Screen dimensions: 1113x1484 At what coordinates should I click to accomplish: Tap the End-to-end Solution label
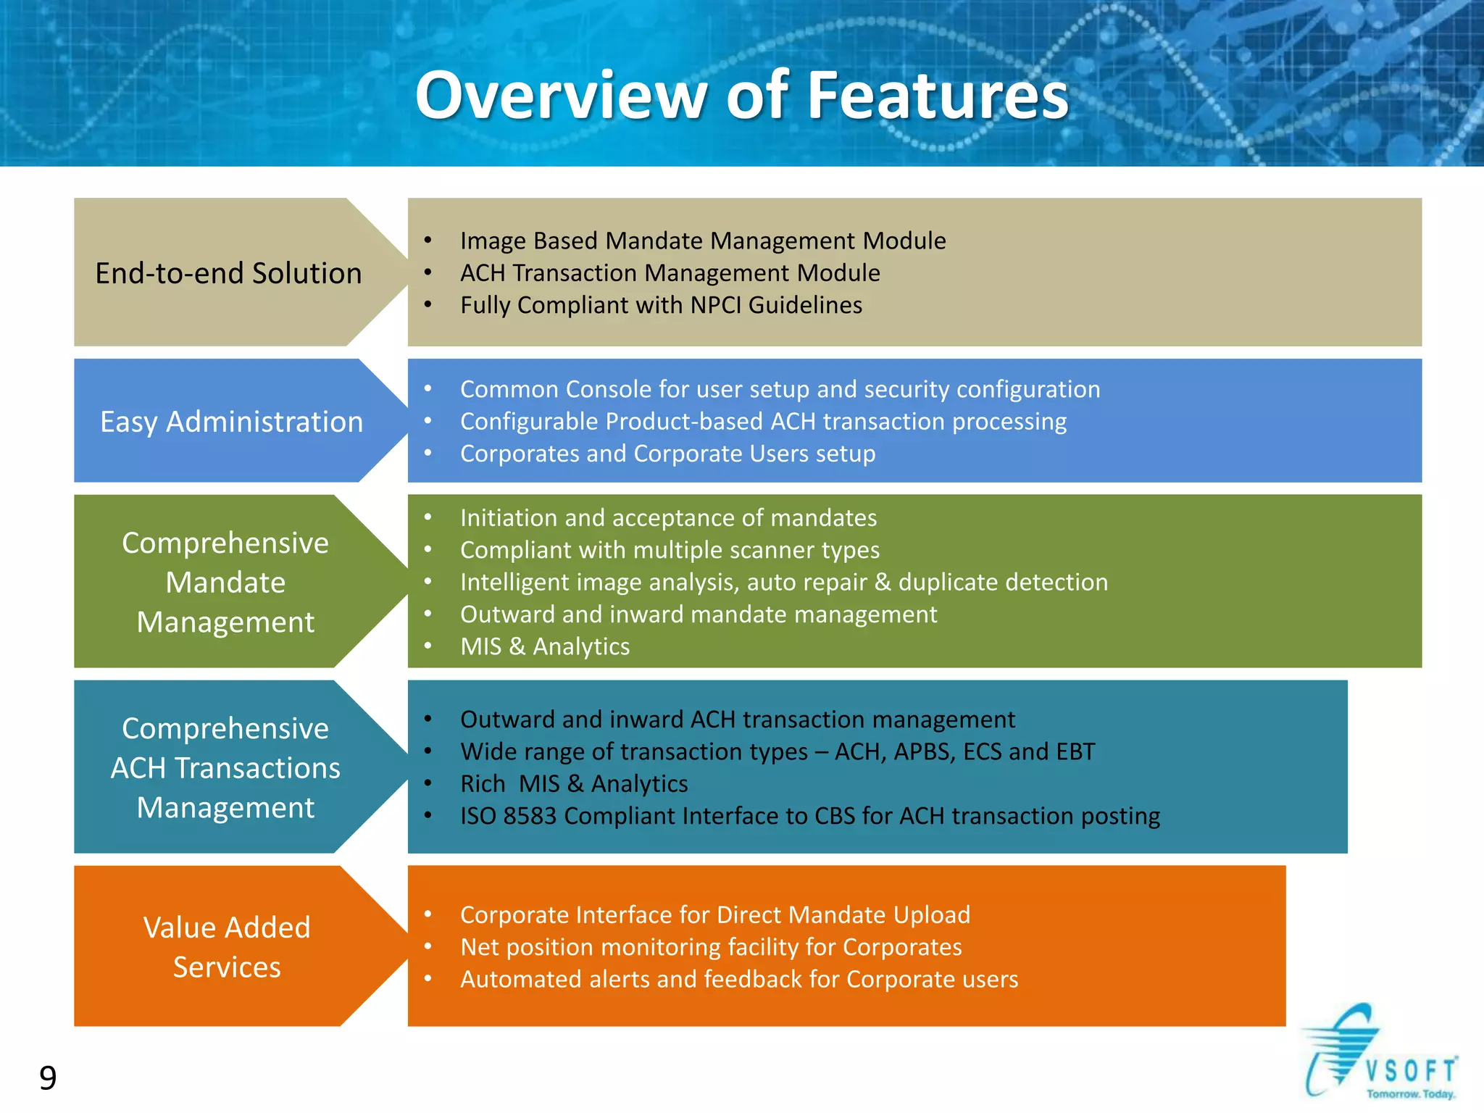point(228,273)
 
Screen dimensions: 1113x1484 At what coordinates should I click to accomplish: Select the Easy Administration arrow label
point(231,422)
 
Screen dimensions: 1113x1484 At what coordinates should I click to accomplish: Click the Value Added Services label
point(227,947)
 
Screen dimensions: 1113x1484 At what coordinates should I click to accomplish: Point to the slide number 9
point(48,1078)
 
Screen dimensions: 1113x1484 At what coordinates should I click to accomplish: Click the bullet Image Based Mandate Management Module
point(702,241)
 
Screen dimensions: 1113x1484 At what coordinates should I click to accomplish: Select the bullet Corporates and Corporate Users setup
point(667,454)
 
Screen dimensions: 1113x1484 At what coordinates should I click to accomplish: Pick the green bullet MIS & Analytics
point(545,646)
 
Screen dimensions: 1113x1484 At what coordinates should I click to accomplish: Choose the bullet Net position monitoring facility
point(711,947)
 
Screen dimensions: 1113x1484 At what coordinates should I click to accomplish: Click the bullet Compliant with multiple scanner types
point(670,550)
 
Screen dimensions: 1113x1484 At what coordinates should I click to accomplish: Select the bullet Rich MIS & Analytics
point(574,784)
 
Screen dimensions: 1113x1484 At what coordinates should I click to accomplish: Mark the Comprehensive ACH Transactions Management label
point(225,768)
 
